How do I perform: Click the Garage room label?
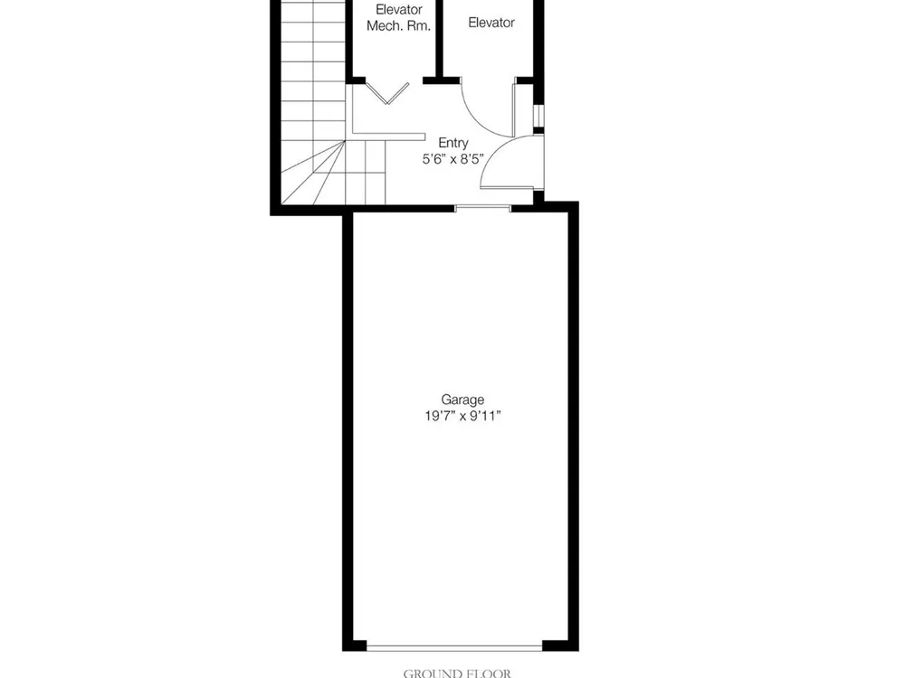click(x=462, y=400)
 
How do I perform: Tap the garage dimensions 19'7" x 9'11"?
click(x=462, y=416)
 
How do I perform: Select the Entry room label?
click(x=453, y=143)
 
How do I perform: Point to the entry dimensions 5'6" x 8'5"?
click(x=453, y=159)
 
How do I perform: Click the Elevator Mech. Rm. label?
click(x=399, y=18)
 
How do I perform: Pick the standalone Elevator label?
click(x=491, y=23)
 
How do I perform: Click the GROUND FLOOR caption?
click(x=456, y=673)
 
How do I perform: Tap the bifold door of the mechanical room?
click(x=388, y=93)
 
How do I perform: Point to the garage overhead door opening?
click(x=454, y=648)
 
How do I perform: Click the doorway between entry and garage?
click(x=482, y=208)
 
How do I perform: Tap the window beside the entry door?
click(x=538, y=117)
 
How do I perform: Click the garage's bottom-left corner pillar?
click(x=355, y=645)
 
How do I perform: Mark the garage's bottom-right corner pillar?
click(x=560, y=645)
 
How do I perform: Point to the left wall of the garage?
click(x=348, y=429)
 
